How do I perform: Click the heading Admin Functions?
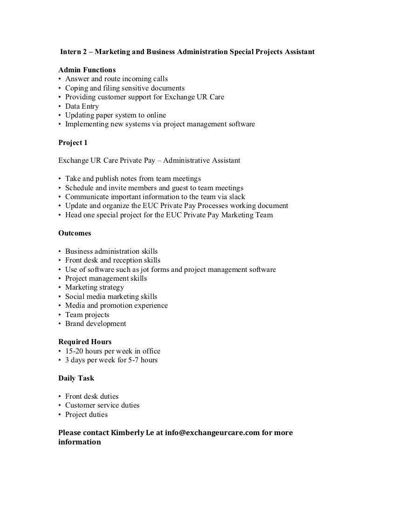click(x=87, y=70)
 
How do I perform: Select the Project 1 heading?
click(x=73, y=142)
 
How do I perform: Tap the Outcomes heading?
click(x=75, y=233)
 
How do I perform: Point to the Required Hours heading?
click(x=85, y=342)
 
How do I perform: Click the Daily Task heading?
click(x=76, y=378)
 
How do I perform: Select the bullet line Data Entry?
click(x=82, y=106)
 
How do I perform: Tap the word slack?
click(x=236, y=197)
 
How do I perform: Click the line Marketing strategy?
click(x=95, y=287)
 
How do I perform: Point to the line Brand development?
click(x=96, y=324)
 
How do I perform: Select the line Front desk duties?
click(x=92, y=396)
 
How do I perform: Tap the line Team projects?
click(x=87, y=315)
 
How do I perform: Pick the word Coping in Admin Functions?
click(x=76, y=88)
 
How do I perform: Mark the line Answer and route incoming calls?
click(x=116, y=79)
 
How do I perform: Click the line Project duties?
click(x=86, y=415)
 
